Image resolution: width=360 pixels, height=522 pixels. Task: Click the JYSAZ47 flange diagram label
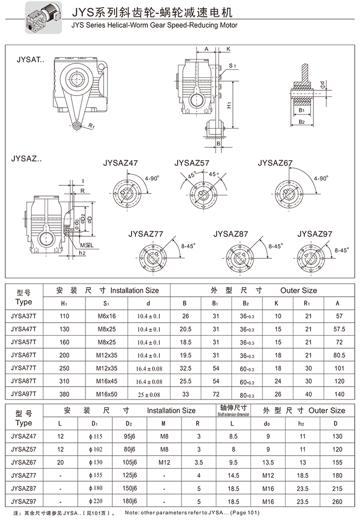point(120,163)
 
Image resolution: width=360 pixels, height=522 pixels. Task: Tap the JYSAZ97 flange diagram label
point(314,234)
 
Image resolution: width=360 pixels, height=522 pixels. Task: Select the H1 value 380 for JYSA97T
point(64,394)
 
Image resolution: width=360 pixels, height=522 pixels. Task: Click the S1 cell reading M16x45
point(107,381)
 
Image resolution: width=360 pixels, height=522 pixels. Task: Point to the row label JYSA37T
point(24,316)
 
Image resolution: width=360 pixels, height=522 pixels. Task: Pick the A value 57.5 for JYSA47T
point(339,329)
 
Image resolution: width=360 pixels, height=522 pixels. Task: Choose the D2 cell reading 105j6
point(129,462)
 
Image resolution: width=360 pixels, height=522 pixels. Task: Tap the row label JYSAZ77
point(24,476)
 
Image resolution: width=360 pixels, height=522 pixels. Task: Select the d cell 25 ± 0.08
point(149,394)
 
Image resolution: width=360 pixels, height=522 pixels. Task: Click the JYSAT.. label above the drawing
point(30,61)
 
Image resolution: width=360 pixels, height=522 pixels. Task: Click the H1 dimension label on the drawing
point(229,104)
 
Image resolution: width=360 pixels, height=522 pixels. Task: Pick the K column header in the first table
point(276,303)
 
